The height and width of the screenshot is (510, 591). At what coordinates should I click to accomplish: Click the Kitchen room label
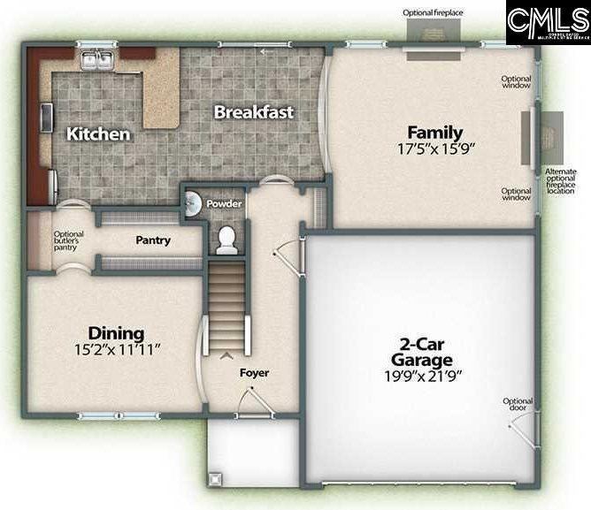(99, 134)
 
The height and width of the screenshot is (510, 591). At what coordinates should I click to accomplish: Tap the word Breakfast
(254, 112)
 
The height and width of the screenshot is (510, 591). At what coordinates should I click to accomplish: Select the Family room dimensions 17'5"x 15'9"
(436, 149)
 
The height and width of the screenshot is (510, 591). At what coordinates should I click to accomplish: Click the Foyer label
(254, 372)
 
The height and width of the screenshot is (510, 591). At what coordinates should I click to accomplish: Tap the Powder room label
(224, 203)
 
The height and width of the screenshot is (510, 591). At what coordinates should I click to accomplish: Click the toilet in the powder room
(227, 239)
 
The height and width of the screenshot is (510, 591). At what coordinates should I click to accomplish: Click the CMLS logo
(548, 22)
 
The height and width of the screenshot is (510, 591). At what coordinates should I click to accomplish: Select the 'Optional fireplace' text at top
(433, 12)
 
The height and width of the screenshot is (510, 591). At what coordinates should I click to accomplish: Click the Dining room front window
(106, 415)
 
